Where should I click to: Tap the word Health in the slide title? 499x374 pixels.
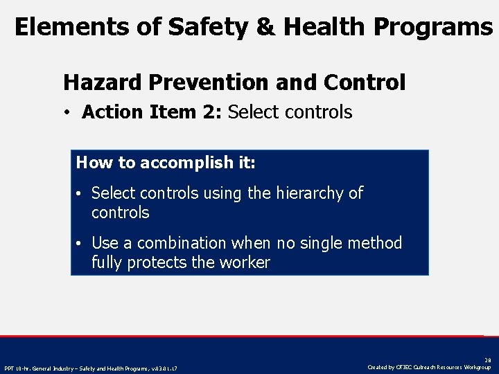click(x=323, y=27)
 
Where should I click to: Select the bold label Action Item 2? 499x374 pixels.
click(x=152, y=112)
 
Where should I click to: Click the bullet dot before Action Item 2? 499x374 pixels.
click(x=71, y=113)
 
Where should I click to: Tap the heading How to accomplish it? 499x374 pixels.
click(x=166, y=163)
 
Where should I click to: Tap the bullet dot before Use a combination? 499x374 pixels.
click(x=80, y=244)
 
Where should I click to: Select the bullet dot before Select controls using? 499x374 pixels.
click(x=80, y=194)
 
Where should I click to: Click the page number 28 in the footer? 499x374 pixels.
click(x=488, y=360)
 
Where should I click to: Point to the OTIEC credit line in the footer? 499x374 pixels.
click(x=429, y=367)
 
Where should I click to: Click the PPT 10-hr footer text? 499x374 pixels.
click(x=91, y=368)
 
